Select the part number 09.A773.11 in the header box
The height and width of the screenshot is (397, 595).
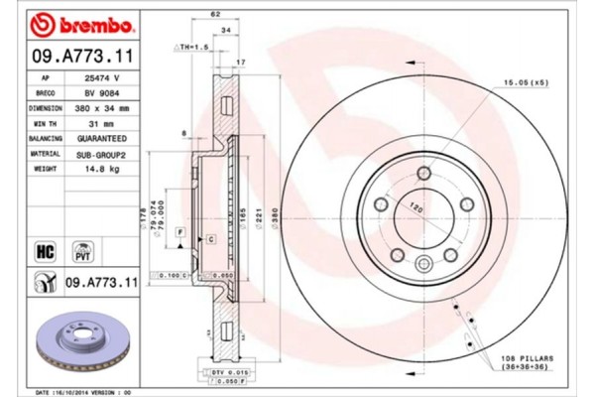click(x=71, y=56)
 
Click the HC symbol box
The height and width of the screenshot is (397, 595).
click(x=45, y=250)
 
